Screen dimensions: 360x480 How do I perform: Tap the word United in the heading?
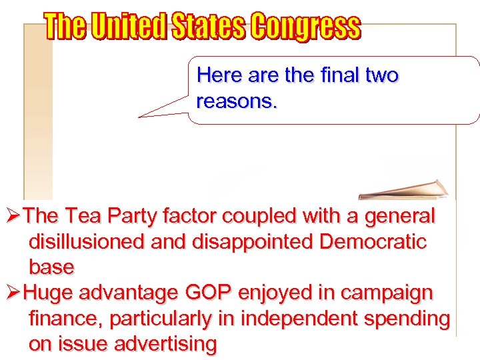(127, 27)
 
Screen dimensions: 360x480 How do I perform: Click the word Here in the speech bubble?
(220, 76)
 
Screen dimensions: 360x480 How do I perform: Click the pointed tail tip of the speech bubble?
(139, 117)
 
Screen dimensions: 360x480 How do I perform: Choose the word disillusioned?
(87, 242)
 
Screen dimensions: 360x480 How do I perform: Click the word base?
(51, 267)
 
